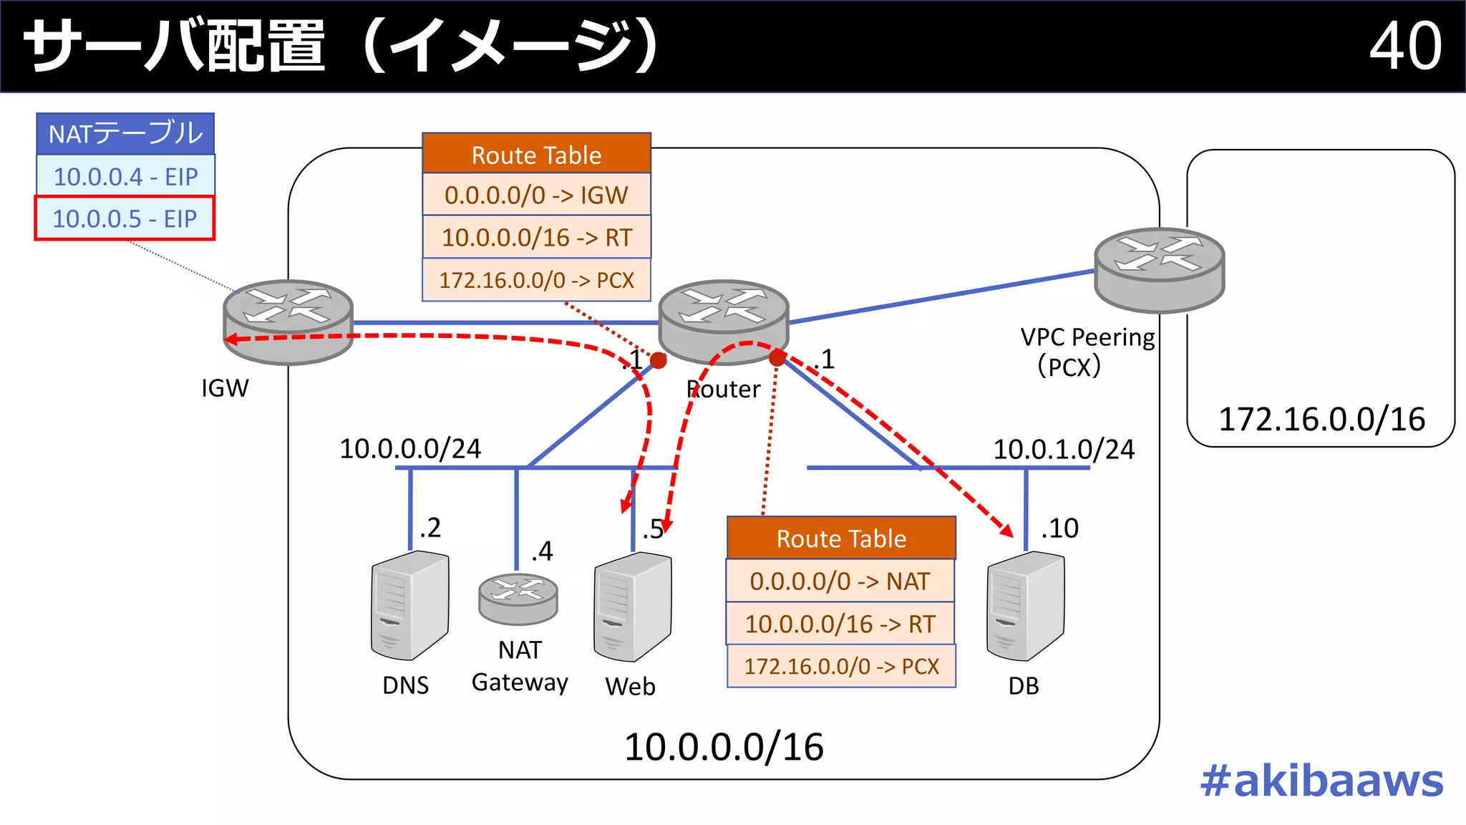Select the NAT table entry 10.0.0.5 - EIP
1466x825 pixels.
tap(125, 218)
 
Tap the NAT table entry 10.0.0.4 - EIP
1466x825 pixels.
tap(125, 176)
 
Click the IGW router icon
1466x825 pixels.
tap(288, 322)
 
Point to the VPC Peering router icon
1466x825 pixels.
tap(1159, 269)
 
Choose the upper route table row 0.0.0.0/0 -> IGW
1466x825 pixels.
tap(536, 195)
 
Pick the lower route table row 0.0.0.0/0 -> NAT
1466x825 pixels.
tap(840, 581)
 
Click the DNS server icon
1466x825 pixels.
tap(409, 605)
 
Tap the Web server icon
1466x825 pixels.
tap(632, 607)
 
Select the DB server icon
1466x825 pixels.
tap(1025, 606)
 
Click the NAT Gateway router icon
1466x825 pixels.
tap(518, 598)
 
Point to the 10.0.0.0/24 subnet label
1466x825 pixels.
tap(410, 449)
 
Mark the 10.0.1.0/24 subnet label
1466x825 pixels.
tap(1064, 450)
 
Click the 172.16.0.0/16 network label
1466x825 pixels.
tap(1321, 419)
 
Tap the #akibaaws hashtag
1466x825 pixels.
tap(1321, 781)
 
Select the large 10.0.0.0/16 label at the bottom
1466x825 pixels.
tap(724, 747)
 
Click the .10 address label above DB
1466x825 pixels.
tap(1059, 529)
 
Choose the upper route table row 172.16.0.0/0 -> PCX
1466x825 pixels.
tap(536, 280)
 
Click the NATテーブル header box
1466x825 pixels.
tap(125, 134)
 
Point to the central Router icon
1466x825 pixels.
tap(723, 321)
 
